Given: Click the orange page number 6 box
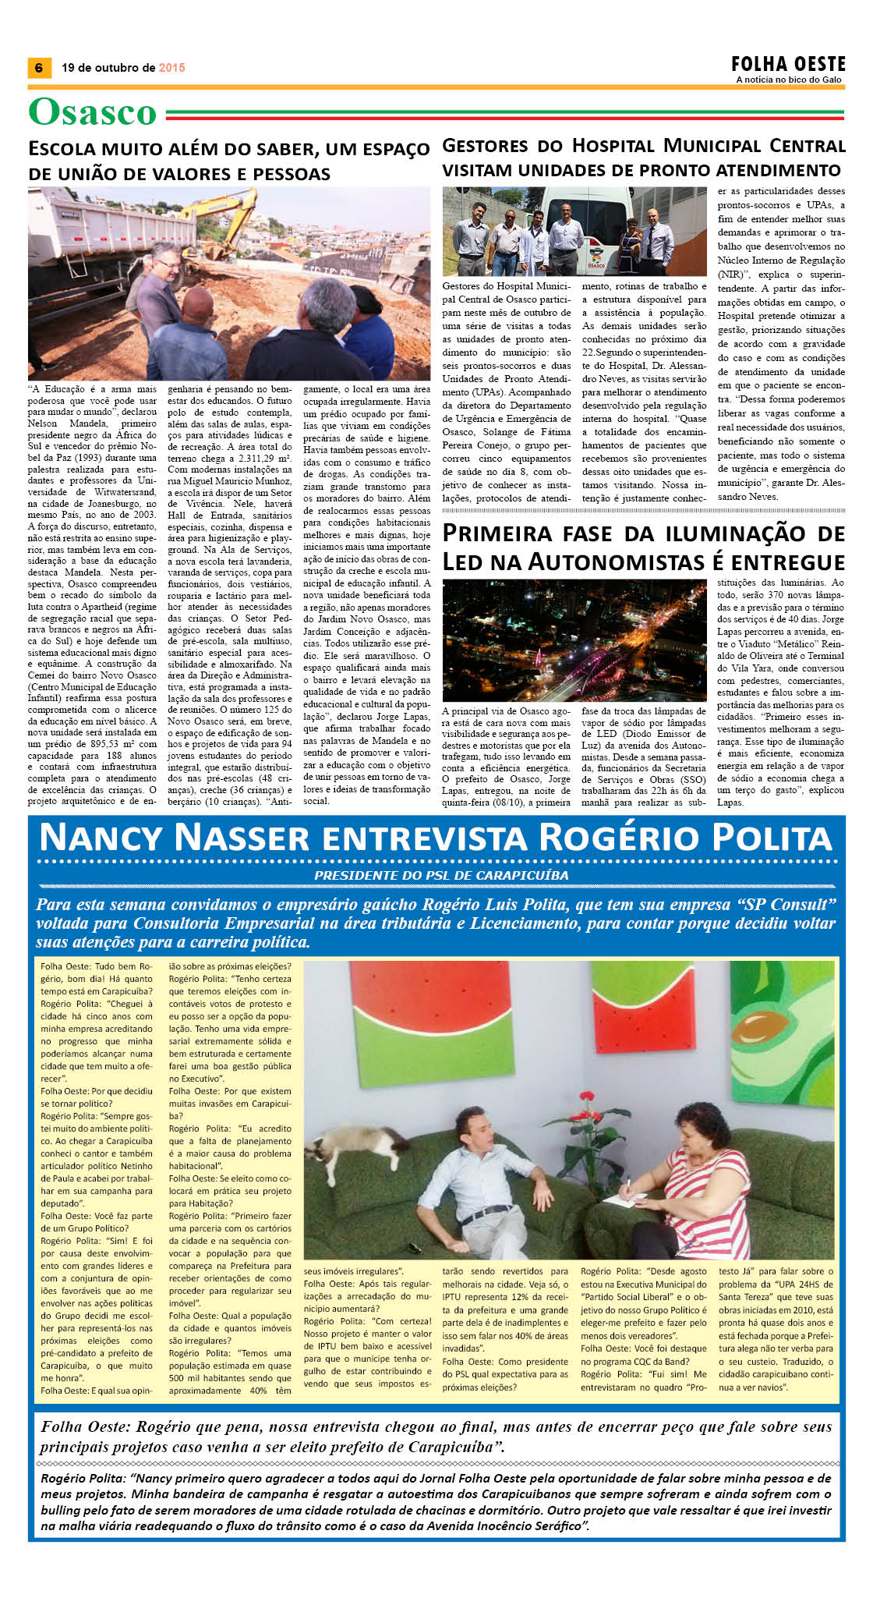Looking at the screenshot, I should coord(38,68).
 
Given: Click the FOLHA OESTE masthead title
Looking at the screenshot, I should coord(788,64).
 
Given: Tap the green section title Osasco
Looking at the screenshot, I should coord(93,112).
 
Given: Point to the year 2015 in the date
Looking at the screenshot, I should coord(172,68).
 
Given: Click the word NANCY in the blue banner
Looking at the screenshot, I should coord(102,838).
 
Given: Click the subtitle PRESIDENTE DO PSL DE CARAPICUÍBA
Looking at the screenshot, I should coord(441,875).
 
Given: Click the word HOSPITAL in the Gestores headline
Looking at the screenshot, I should coord(613,146).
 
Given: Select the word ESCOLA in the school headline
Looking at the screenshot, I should coord(62,149).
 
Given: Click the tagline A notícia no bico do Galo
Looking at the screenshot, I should coord(789,80).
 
